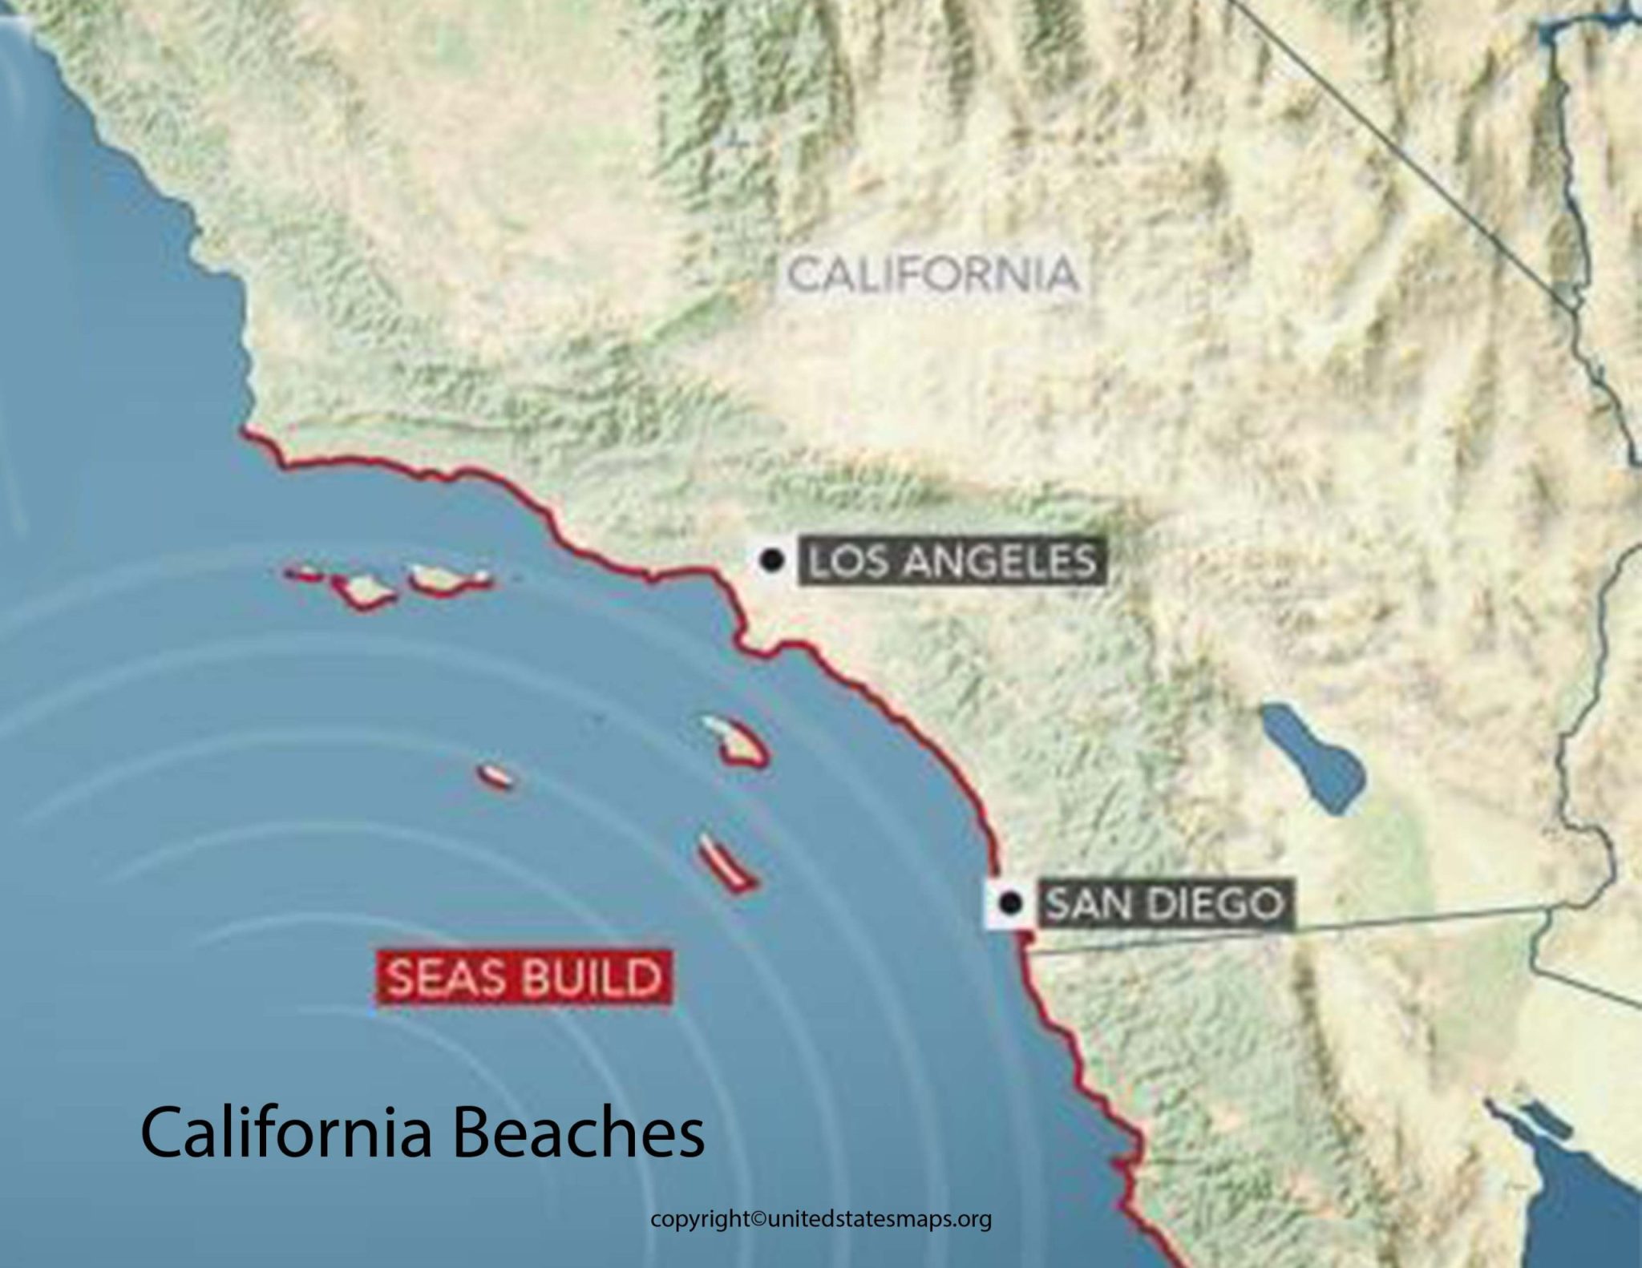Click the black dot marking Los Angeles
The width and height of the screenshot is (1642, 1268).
[771, 560]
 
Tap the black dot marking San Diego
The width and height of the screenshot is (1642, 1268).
[1012, 903]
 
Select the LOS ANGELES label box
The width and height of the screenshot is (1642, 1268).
[951, 561]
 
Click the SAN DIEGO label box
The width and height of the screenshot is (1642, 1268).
[1165, 904]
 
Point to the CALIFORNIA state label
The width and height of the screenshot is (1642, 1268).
[932, 274]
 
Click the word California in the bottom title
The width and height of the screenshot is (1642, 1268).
[285, 1132]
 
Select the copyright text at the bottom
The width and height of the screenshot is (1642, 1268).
[821, 1219]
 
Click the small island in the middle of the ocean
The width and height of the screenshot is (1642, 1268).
[496, 776]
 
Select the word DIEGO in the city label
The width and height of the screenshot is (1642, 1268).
[1223, 904]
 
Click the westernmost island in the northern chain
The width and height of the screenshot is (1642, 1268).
[305, 574]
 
